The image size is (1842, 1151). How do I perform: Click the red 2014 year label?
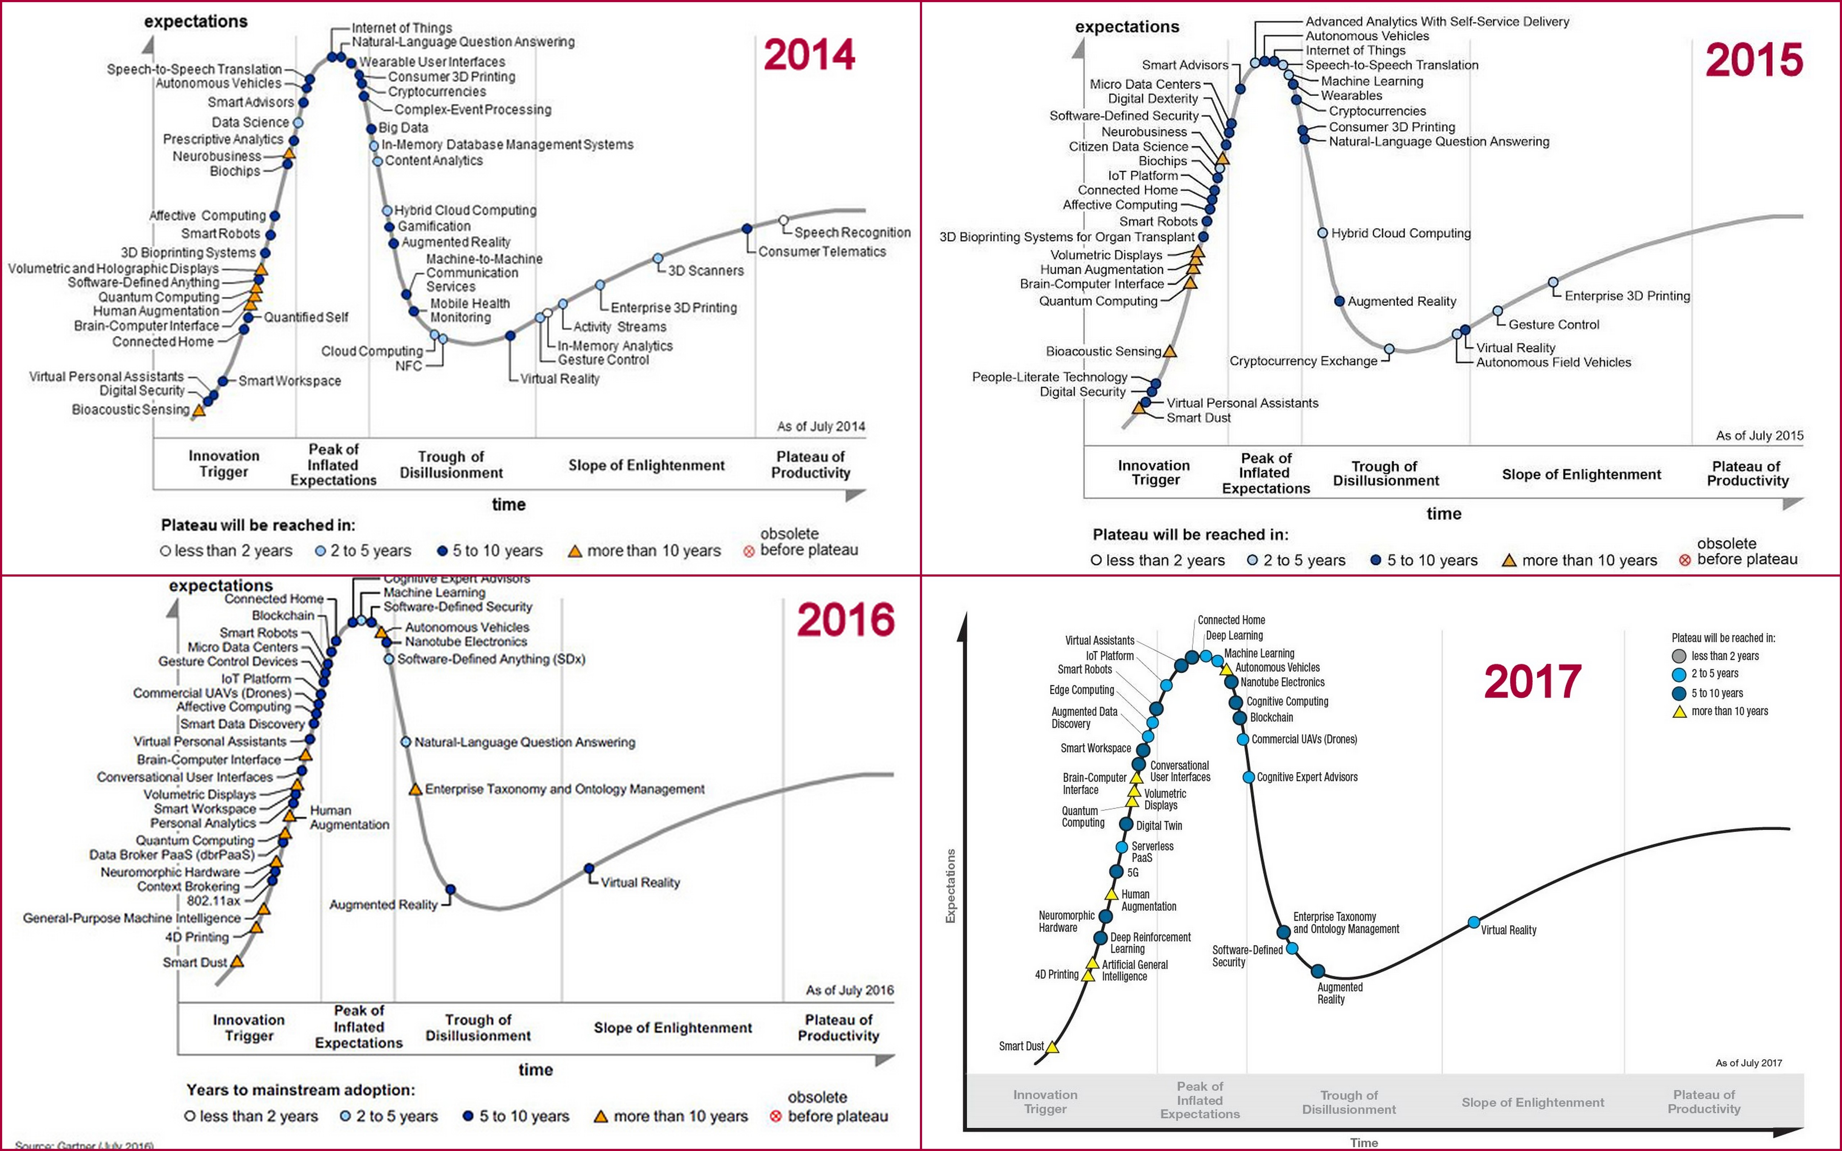[x=809, y=55]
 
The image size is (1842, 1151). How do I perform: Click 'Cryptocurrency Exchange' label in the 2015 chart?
[x=1303, y=361]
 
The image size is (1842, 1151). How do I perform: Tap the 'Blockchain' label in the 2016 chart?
[x=283, y=615]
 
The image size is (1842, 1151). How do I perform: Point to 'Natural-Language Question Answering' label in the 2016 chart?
[x=525, y=742]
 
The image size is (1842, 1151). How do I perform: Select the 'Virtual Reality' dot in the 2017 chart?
[x=1474, y=923]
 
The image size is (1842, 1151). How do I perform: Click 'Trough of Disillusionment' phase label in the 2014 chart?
[x=452, y=464]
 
